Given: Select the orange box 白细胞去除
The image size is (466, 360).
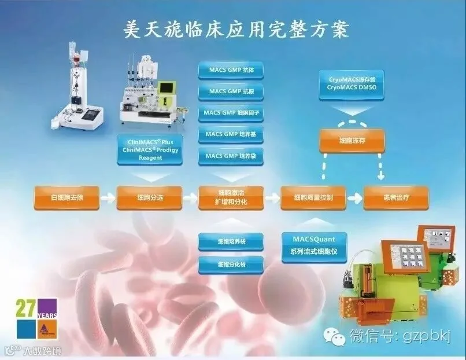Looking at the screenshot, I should [67, 197].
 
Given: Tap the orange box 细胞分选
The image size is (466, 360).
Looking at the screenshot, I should [149, 197].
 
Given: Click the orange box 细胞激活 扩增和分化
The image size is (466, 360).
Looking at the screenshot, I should [231, 197].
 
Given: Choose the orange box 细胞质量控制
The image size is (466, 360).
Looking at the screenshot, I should [313, 197].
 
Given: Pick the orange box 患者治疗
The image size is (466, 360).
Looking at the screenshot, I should [396, 197].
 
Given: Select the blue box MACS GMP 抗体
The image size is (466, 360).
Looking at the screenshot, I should [231, 71].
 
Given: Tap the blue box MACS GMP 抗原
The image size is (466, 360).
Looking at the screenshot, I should [231, 92].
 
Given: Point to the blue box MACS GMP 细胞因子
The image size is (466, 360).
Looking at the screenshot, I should [231, 113].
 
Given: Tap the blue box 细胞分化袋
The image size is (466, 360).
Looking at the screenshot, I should [231, 265].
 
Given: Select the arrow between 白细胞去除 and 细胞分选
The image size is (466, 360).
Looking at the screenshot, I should [108, 198].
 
